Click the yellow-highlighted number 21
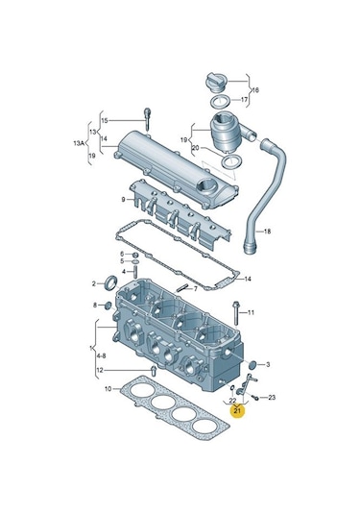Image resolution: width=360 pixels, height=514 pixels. pos(237,410)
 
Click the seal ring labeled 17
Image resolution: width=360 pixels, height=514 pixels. pos(221,102)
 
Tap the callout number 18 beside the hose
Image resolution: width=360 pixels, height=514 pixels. pos(267,232)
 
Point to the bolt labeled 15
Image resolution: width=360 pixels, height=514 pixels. pos(147,119)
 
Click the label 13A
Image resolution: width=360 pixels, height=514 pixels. pos(79,143)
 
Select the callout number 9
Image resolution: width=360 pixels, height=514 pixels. pos(123,199)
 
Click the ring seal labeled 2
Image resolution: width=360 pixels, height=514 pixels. pos(109,282)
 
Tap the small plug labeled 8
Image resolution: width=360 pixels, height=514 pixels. pos(108,306)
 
